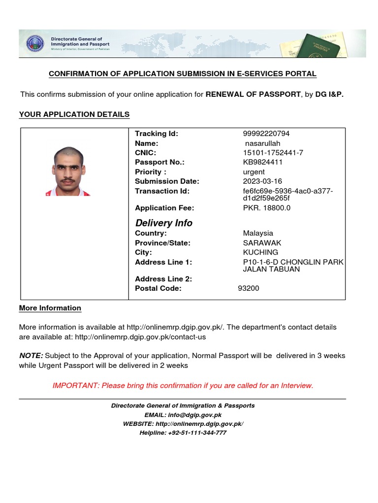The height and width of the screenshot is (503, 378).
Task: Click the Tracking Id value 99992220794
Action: tap(266, 134)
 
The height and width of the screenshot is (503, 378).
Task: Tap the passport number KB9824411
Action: tap(263, 162)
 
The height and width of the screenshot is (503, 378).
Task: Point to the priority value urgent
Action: tap(254, 172)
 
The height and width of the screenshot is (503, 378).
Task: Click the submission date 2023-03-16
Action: tap(262, 181)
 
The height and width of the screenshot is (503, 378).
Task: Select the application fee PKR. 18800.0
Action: tap(267, 208)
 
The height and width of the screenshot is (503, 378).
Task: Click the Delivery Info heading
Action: tap(163, 223)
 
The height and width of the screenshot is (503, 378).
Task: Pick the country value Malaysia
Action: tap(258, 233)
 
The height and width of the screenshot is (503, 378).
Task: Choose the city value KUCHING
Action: tap(260, 252)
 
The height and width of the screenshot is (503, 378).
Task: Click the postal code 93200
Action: tap(249, 288)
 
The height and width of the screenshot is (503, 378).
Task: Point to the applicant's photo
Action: tap(68, 171)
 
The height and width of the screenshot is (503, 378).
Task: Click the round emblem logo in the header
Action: tap(35, 43)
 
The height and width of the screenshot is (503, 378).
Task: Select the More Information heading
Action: tap(50, 308)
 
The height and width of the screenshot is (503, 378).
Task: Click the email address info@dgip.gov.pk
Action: tap(194, 415)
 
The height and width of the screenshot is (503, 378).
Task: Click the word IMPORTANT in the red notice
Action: tap(75, 386)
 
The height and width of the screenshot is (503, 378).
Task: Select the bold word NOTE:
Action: tap(31, 356)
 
